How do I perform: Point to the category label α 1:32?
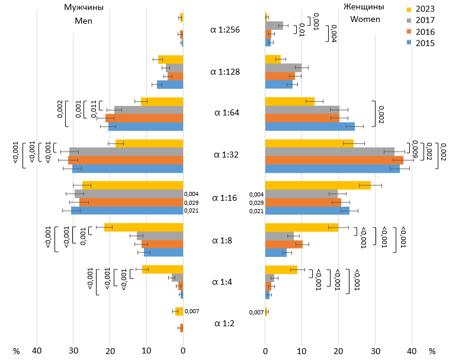coord(224,155)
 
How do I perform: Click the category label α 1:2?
coord(224,323)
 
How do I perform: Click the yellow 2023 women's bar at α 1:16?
coord(318,185)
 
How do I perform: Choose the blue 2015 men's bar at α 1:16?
coord(127,210)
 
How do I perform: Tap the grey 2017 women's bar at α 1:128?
coord(283,67)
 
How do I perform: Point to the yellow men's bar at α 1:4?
coord(162,269)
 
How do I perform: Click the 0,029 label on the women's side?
coord(256,202)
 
